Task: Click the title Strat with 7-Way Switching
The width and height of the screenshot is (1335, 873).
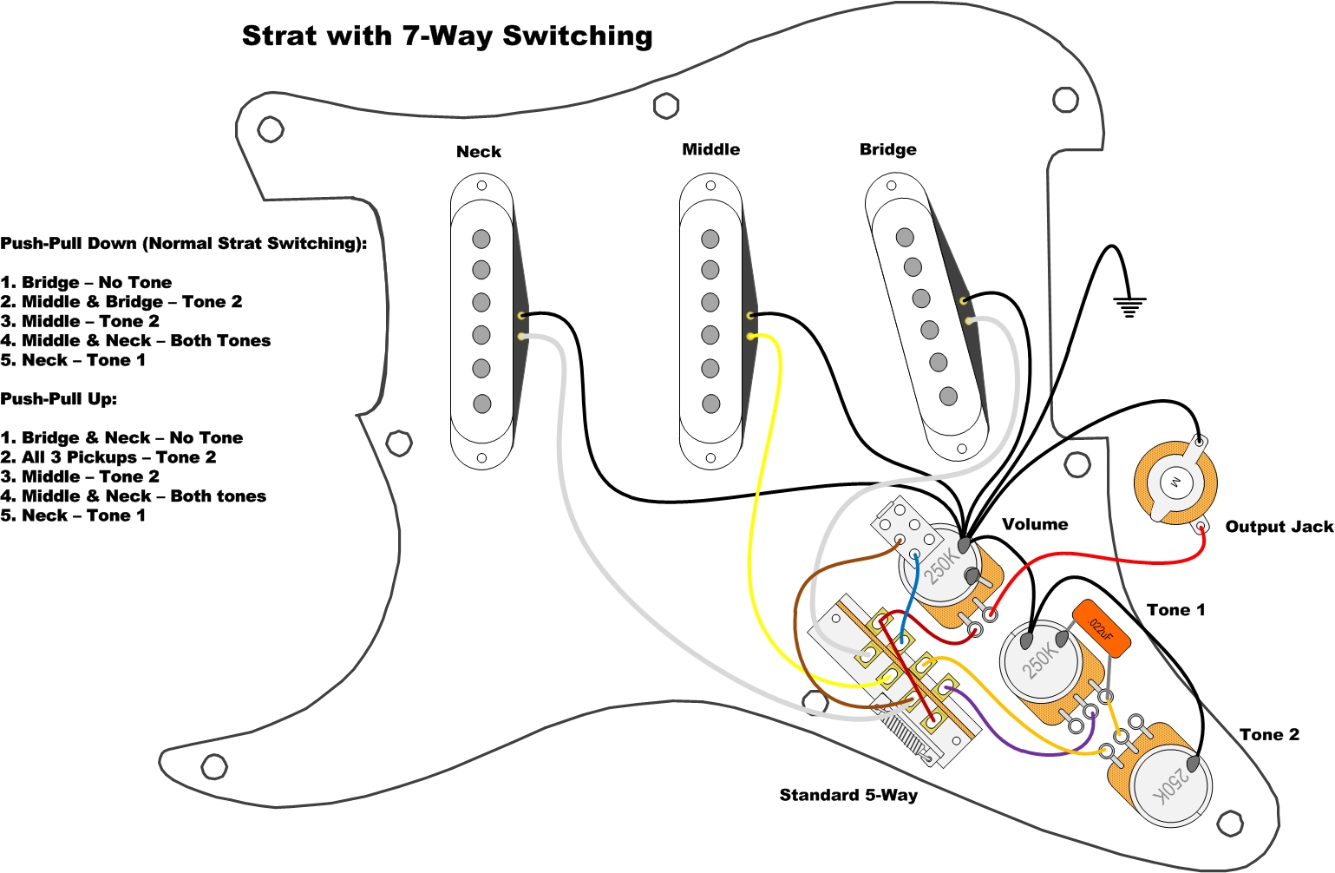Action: click(447, 36)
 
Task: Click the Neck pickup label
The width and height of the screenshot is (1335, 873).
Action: click(479, 152)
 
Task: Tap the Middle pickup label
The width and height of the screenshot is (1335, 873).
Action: click(710, 149)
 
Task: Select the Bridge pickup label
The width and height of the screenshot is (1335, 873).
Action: click(887, 149)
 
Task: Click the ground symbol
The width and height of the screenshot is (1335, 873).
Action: click(1129, 306)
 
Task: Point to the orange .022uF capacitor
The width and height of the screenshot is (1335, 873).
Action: click(1102, 627)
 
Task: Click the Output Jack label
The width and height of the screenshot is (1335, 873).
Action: click(1279, 527)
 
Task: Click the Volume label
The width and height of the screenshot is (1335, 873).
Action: click(1035, 524)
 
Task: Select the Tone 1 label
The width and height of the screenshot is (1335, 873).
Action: click(1175, 610)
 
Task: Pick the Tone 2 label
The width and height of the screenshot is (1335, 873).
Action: click(1269, 735)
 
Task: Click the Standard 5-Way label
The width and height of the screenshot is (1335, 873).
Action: click(848, 795)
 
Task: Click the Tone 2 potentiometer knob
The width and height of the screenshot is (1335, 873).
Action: click(1171, 785)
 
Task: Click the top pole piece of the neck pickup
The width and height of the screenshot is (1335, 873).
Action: click(481, 239)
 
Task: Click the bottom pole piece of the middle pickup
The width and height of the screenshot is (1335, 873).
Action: click(710, 404)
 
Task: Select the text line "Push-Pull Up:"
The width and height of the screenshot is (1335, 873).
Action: click(58, 399)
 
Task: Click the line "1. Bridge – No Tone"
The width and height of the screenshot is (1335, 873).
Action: click(86, 282)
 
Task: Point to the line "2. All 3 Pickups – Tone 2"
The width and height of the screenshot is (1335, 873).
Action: click(108, 457)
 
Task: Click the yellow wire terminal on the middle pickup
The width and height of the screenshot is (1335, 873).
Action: click(751, 335)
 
